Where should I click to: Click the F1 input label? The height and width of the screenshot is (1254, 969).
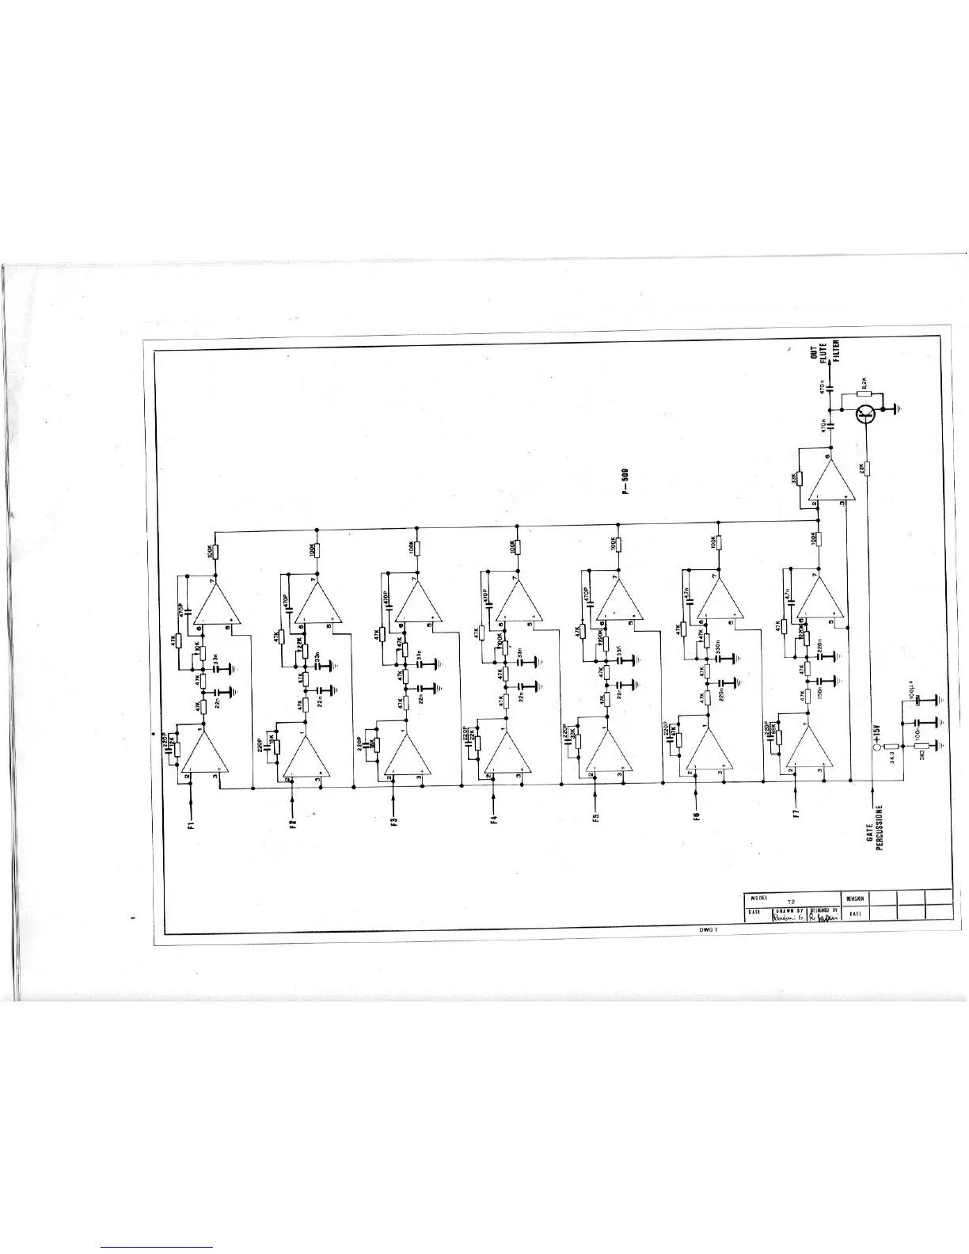point(191,827)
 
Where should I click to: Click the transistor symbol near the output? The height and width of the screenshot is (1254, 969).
point(868,411)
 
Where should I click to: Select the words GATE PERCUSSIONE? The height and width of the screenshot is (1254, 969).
point(875,838)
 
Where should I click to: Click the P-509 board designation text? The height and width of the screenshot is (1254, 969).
point(625,480)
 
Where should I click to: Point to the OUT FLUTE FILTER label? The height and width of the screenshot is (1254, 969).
point(824,350)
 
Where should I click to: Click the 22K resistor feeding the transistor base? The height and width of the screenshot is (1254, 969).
point(868,468)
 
